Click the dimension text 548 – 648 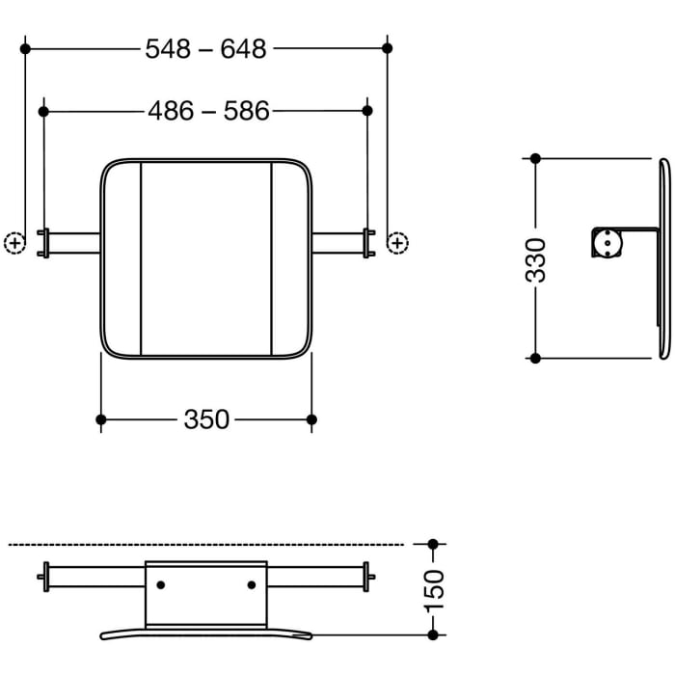point(205,48)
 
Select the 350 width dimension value point(206,419)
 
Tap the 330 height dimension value point(538,258)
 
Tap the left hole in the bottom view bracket point(160,584)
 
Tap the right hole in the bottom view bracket point(252,584)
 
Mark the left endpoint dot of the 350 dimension point(101,418)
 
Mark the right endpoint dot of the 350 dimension point(311,418)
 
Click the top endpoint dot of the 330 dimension point(536,158)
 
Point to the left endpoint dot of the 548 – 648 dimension point(26,47)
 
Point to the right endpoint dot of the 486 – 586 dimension point(367,112)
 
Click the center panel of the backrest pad point(206,257)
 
